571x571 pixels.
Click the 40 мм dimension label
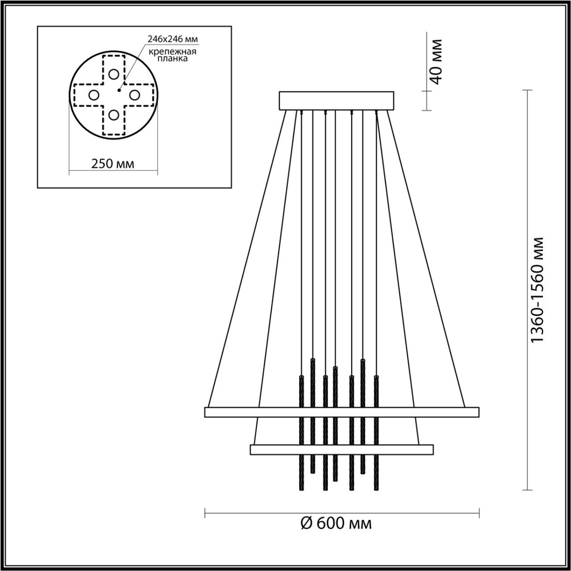[436, 62]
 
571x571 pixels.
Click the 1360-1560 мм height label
[538, 290]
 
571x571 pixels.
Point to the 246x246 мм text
[173, 39]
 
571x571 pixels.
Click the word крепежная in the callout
[173, 51]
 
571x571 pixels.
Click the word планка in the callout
[173, 59]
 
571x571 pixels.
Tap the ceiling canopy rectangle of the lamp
[336, 100]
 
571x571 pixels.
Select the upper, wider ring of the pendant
[341, 412]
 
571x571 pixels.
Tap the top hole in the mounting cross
[114, 74]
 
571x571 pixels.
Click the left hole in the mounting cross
[94, 95]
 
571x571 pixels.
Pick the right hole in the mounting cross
[135, 95]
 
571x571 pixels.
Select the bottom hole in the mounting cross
[114, 115]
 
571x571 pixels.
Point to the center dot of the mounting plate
[119, 89]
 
